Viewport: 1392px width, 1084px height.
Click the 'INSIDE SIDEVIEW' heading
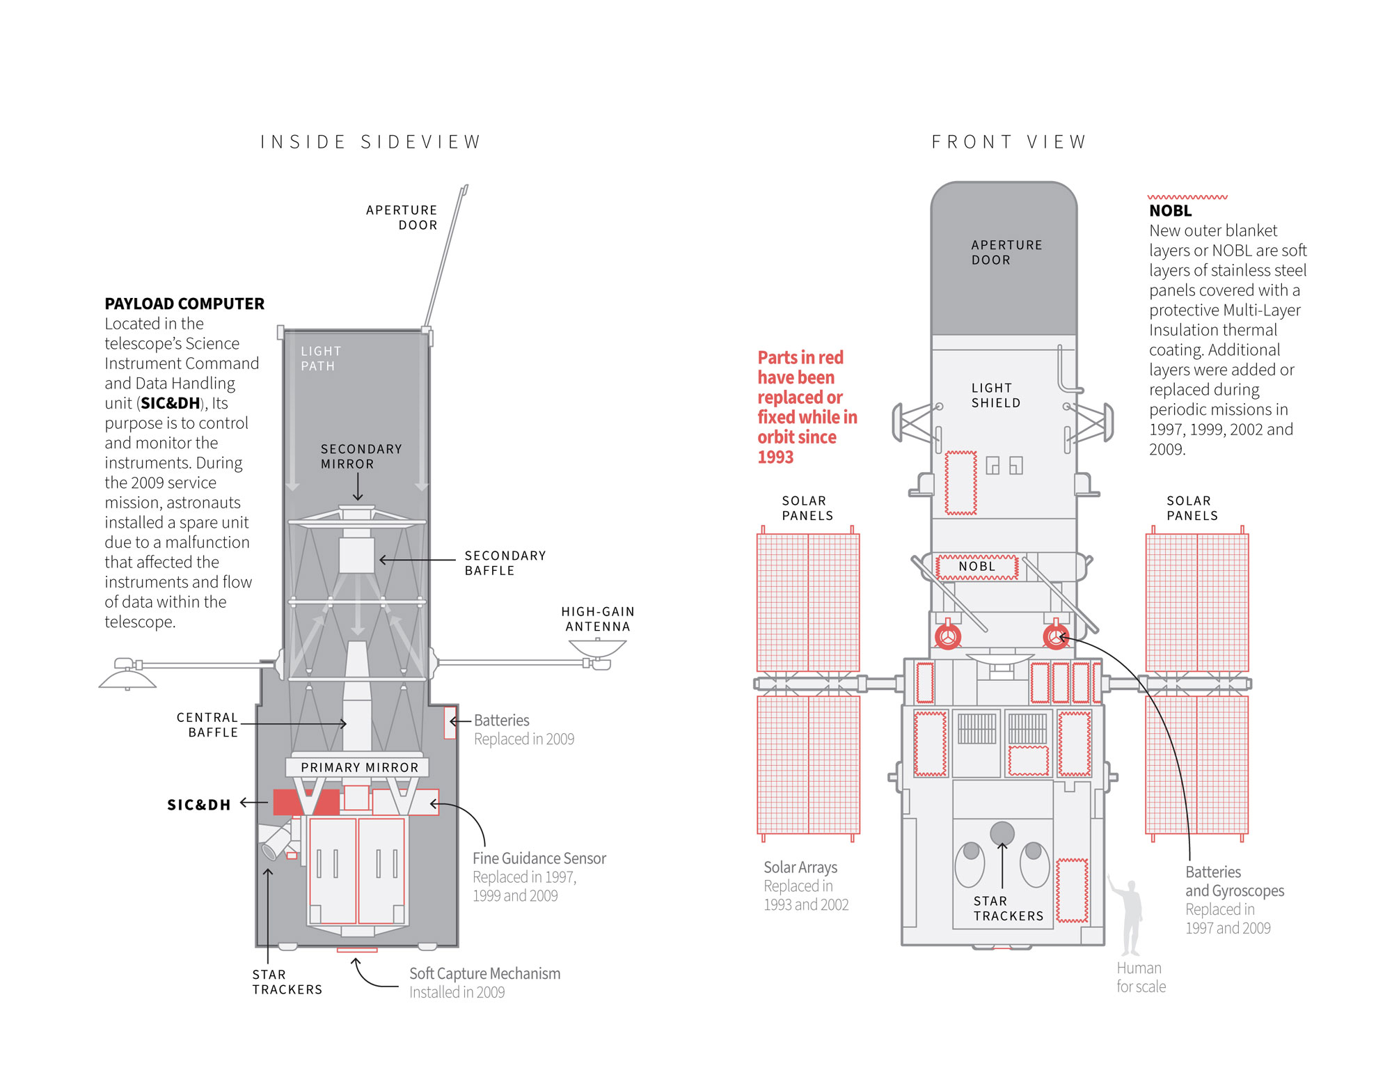click(370, 142)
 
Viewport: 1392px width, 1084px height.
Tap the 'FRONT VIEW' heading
click(1009, 142)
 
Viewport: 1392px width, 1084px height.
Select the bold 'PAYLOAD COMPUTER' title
click(184, 304)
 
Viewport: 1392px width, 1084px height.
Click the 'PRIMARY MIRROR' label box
click(358, 767)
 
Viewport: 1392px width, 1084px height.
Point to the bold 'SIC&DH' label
click(198, 805)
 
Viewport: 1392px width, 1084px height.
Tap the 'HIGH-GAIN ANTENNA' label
click(598, 619)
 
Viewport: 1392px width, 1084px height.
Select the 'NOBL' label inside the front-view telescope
click(976, 567)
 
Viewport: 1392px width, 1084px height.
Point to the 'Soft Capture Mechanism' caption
click(484, 973)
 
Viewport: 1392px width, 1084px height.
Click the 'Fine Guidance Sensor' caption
click(539, 858)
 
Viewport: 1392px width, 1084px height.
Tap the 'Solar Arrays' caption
click(800, 867)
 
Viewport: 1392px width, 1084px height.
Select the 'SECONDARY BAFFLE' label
click(505, 563)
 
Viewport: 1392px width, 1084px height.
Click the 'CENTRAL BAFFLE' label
click(207, 725)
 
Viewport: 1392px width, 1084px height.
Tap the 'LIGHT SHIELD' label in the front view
click(995, 395)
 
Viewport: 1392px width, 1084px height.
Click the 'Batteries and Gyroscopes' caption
click(1234, 881)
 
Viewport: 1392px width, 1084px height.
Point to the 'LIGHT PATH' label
click(321, 359)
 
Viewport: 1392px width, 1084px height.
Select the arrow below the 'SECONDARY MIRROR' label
click(358, 487)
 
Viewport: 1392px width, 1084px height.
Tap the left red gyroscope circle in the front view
click(948, 636)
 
